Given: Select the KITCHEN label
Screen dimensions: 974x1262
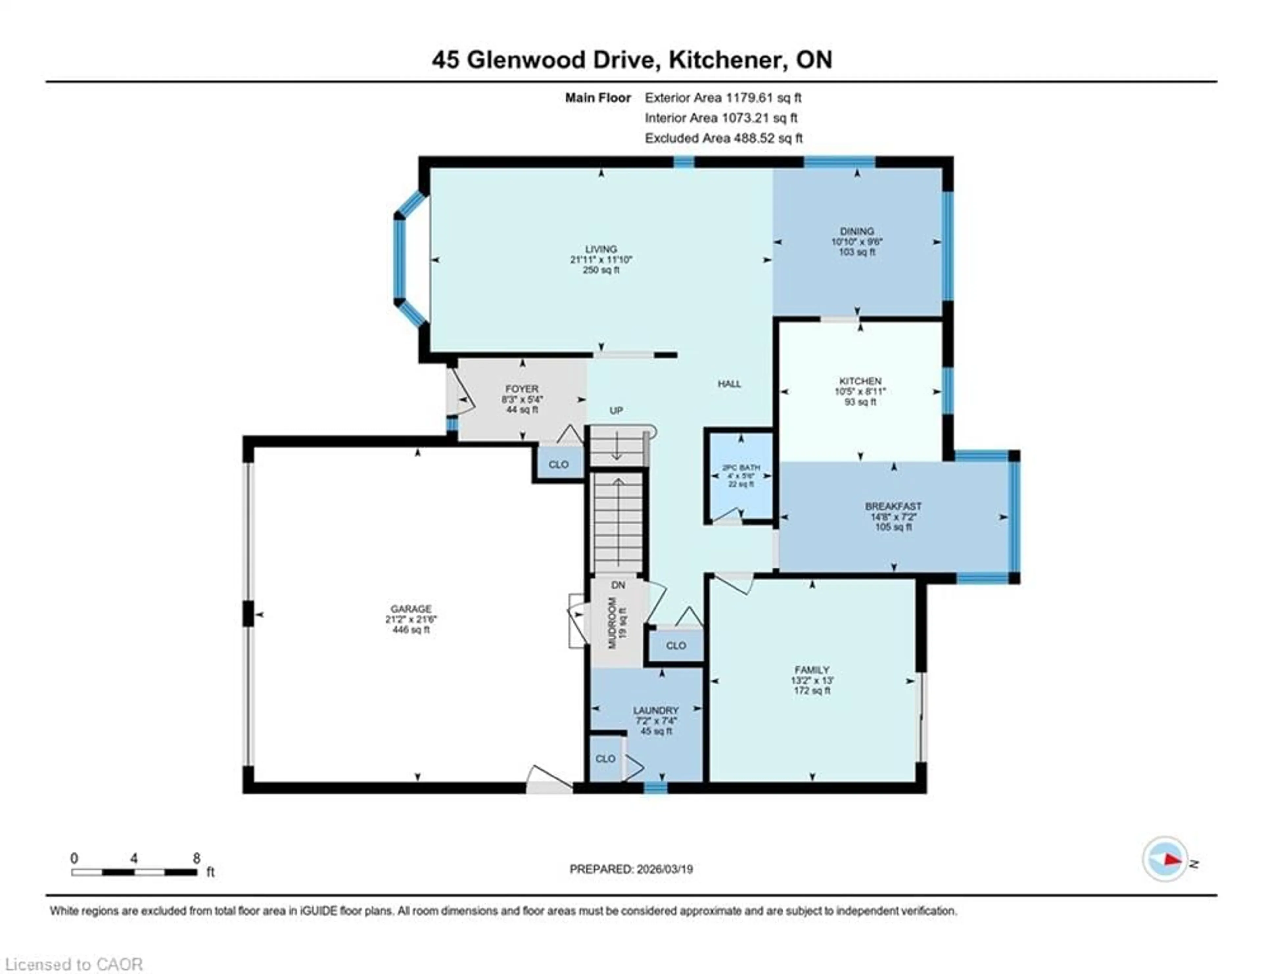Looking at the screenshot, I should (860, 381).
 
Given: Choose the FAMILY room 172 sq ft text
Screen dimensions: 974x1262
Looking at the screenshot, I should (811, 690).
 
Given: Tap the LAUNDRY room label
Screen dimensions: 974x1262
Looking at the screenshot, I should (655, 710).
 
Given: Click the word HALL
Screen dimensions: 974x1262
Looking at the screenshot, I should (729, 383).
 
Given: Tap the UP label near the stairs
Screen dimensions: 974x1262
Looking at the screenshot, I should (616, 410).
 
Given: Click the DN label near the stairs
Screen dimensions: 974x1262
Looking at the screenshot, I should (618, 585).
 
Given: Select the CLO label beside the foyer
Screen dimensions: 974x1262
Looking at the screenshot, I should (558, 464).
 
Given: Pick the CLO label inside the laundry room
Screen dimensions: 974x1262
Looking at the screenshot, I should (605, 758).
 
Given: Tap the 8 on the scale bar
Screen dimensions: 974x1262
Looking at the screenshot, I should (197, 858).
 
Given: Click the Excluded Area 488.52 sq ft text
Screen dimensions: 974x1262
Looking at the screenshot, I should (723, 138).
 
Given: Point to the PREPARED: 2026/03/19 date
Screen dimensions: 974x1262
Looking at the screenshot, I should (631, 869).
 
